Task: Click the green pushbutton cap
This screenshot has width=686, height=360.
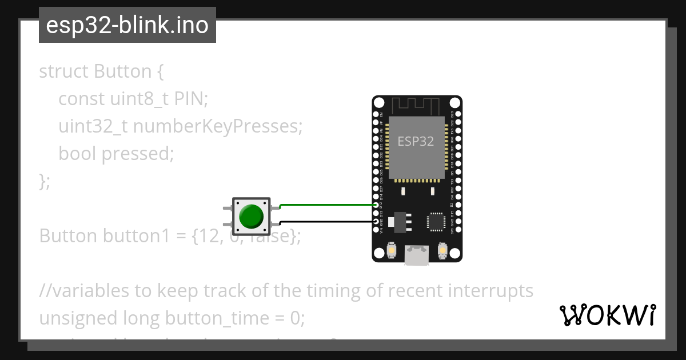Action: click(x=251, y=216)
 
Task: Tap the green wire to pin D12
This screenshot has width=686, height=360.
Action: click(x=326, y=204)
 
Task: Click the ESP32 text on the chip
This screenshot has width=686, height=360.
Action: click(x=416, y=141)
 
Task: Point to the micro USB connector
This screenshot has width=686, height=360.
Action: click(x=416, y=255)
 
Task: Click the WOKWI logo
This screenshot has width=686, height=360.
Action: click(x=607, y=315)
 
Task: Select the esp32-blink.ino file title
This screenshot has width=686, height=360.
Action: click(x=127, y=25)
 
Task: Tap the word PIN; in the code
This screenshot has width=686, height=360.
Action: click(x=192, y=99)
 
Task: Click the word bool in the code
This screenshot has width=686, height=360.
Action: click(x=77, y=153)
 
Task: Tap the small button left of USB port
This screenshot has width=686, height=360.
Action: click(x=392, y=250)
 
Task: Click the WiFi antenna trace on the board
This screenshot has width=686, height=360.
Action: click(x=416, y=106)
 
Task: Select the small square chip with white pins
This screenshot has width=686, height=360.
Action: click(x=436, y=221)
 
